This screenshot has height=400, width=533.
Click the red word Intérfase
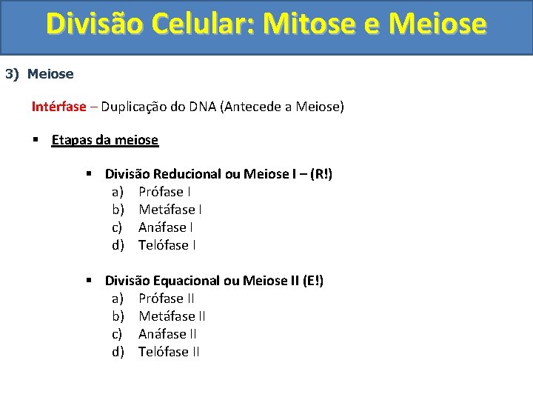pos(58,107)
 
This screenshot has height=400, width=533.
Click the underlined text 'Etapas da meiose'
pos(104,140)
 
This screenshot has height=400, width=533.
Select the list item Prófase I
pos(166,192)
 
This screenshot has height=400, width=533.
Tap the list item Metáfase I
pos(171,210)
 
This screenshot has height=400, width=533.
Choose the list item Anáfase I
pos(166,227)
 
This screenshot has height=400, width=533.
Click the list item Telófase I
pos(167,245)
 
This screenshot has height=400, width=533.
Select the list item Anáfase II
pos(167,334)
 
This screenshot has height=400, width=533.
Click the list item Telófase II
pos(169,352)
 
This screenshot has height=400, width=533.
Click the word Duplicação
pos(133,107)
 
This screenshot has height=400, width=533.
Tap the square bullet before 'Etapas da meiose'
pos(36,139)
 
